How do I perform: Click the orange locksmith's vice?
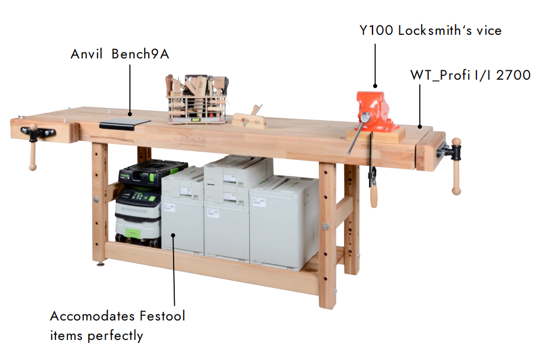(376, 111)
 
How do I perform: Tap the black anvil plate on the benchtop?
(125, 122)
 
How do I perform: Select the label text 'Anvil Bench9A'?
(120, 54)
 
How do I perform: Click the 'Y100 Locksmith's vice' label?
(430, 30)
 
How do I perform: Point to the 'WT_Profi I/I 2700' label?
(470, 75)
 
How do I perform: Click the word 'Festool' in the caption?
(162, 316)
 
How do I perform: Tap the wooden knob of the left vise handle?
(33, 166)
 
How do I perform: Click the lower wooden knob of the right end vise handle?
(456, 189)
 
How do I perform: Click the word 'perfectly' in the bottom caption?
(115, 336)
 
